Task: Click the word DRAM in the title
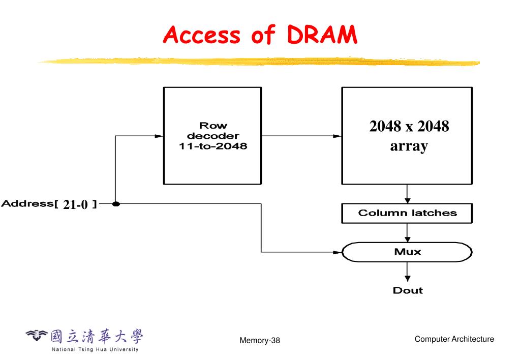(322, 35)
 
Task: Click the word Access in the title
(201, 35)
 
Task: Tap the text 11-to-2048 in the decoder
(213, 146)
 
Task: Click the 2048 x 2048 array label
(409, 136)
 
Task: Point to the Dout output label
(408, 290)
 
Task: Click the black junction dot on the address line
(116, 204)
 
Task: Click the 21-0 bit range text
(76, 204)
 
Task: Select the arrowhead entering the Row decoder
(159, 136)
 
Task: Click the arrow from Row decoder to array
(302, 136)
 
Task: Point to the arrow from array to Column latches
(407, 194)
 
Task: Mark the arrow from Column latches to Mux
(407, 232)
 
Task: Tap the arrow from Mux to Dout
(407, 272)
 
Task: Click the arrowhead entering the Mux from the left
(338, 252)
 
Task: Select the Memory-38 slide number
(260, 341)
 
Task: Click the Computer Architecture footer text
(454, 339)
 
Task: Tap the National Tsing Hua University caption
(95, 349)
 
